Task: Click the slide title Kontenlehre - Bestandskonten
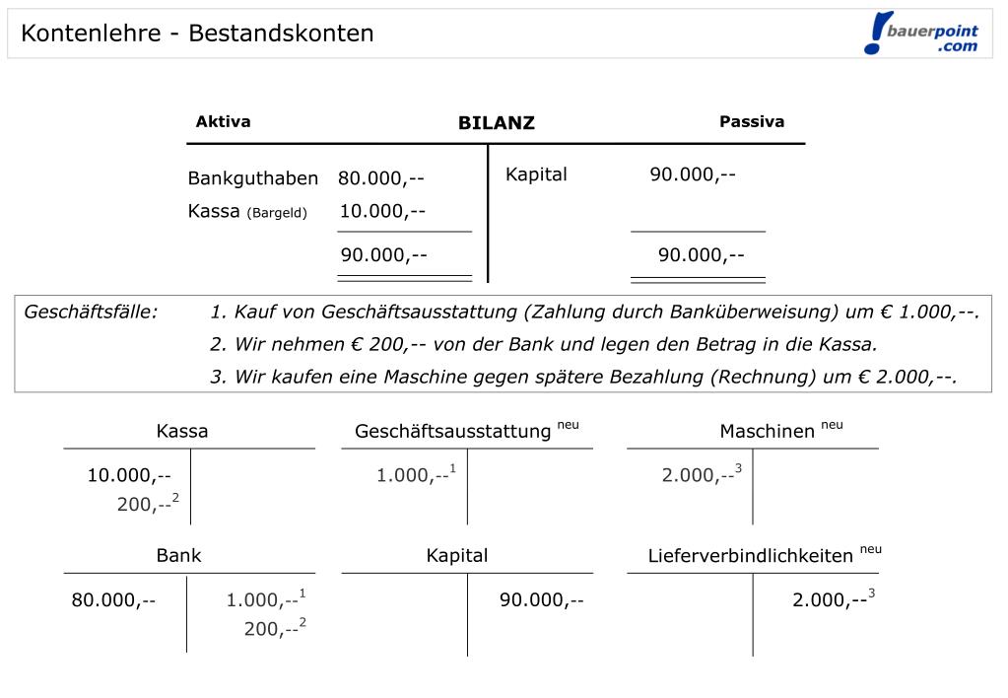pyautogui.click(x=197, y=34)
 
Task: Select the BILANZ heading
pyautogui.click(x=496, y=123)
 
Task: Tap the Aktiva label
pyautogui.click(x=223, y=122)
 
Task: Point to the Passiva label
pyautogui.click(x=752, y=122)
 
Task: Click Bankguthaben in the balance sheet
pyautogui.click(x=253, y=178)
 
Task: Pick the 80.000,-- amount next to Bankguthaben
pyautogui.click(x=381, y=178)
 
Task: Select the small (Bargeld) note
pyautogui.click(x=277, y=213)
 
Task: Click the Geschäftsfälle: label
pyautogui.click(x=91, y=313)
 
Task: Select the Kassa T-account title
pyautogui.click(x=182, y=432)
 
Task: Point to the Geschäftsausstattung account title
pyautogui.click(x=452, y=432)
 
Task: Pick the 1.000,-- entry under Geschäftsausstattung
pyautogui.click(x=413, y=475)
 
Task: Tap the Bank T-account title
pyautogui.click(x=178, y=556)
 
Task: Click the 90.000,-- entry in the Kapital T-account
pyautogui.click(x=541, y=599)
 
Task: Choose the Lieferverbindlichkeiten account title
pyautogui.click(x=750, y=556)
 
